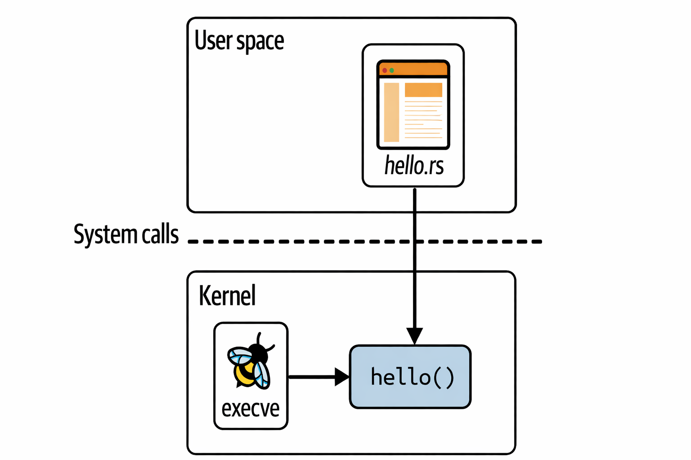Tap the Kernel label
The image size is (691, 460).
click(x=227, y=296)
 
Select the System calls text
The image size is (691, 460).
click(x=126, y=234)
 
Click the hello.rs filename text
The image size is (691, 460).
click(x=414, y=166)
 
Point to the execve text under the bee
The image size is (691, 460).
click(x=251, y=408)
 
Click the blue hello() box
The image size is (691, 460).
click(x=410, y=377)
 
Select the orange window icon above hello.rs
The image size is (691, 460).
click(x=413, y=104)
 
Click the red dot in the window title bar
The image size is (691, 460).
click(x=385, y=71)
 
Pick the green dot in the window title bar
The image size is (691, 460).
click(x=392, y=71)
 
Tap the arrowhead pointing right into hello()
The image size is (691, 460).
click(x=341, y=377)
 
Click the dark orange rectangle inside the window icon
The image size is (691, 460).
click(x=423, y=90)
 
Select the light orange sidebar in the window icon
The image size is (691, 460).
click(x=391, y=112)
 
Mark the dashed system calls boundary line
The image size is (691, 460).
click(x=315, y=242)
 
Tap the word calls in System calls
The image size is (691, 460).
click(x=160, y=234)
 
